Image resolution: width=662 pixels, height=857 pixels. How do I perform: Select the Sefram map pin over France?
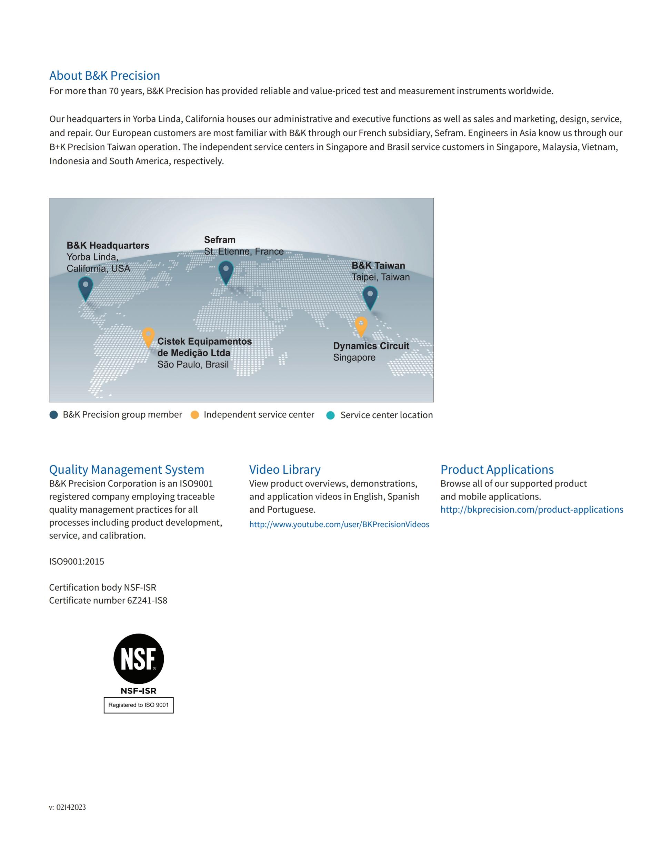pyautogui.click(x=226, y=272)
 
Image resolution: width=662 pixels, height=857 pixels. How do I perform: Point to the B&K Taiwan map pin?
pyautogui.click(x=370, y=297)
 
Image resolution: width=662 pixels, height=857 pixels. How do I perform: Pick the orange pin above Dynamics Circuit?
pyautogui.click(x=361, y=326)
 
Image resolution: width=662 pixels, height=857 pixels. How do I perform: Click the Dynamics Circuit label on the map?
pyautogui.click(x=371, y=346)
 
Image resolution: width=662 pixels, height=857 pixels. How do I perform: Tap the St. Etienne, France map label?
pyautogui.click(x=243, y=252)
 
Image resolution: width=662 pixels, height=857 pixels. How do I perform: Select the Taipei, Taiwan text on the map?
pyautogui.click(x=380, y=277)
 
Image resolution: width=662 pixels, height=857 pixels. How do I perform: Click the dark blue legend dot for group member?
pyautogui.click(x=54, y=415)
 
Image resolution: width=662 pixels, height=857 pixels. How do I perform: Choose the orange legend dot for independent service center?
pyautogui.click(x=194, y=415)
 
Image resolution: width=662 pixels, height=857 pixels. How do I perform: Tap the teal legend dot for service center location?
pyautogui.click(x=331, y=415)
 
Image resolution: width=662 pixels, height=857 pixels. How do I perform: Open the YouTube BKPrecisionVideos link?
pyautogui.click(x=339, y=524)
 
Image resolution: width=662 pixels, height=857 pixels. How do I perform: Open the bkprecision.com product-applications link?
pyautogui.click(x=531, y=509)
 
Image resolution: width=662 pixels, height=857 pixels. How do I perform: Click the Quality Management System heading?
pyautogui.click(x=127, y=469)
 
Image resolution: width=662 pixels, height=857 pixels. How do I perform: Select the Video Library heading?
pyautogui.click(x=285, y=469)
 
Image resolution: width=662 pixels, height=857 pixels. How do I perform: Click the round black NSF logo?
pyautogui.click(x=139, y=659)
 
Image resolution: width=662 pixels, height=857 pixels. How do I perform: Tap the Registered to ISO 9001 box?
pyautogui.click(x=139, y=705)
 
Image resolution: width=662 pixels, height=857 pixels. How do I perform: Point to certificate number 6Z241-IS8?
pyautogui.click(x=147, y=600)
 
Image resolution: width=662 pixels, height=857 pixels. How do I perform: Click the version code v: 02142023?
pyautogui.click(x=68, y=807)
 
